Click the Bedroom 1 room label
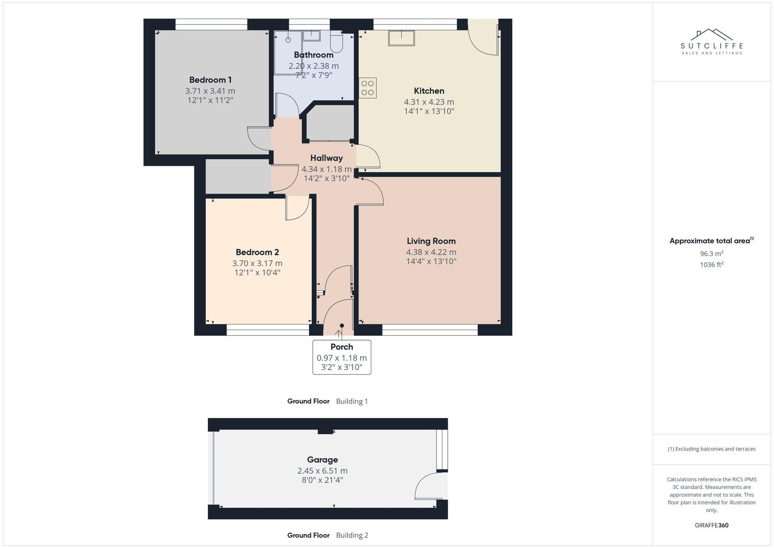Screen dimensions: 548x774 point(210,80)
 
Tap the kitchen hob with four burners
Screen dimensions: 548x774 point(368,88)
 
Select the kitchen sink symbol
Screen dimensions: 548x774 point(401,38)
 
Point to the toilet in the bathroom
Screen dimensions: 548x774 point(336,42)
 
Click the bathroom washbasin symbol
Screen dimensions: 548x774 point(311,36)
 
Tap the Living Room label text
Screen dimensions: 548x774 point(431,241)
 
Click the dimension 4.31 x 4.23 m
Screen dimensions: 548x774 point(429,102)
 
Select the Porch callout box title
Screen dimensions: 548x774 point(341,347)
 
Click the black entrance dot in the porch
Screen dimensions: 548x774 point(342,326)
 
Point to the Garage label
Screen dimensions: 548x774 point(322,460)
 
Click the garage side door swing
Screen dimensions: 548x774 point(429,486)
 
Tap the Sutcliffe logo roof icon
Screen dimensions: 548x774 point(712,34)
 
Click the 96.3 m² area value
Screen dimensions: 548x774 point(711,254)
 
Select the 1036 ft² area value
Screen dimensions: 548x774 point(711,265)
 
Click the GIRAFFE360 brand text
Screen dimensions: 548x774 point(711,526)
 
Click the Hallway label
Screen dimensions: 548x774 point(326,158)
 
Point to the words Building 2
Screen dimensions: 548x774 point(352,535)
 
